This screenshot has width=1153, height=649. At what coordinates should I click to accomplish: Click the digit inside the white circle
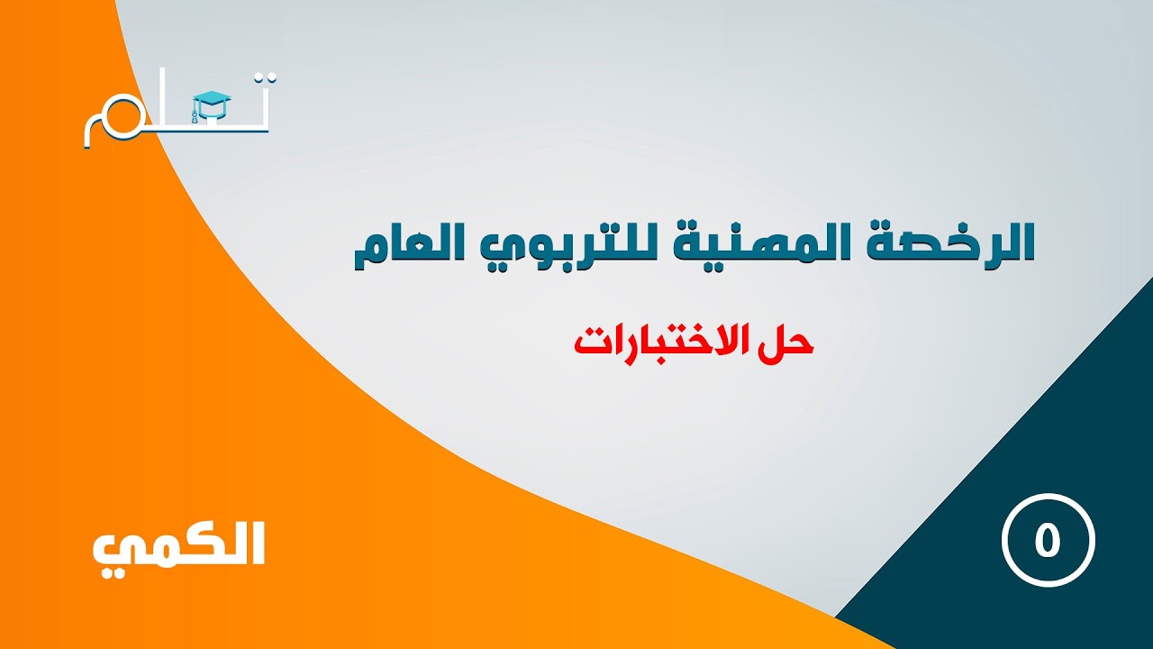[1048, 541]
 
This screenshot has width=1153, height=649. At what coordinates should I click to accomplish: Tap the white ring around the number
[1004, 541]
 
